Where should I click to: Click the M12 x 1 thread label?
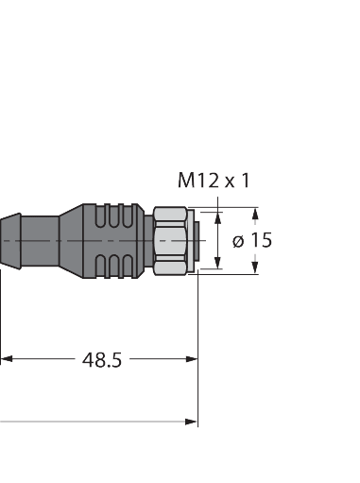click(214, 180)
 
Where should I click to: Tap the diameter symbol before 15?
click(237, 241)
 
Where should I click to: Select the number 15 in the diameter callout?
click(261, 241)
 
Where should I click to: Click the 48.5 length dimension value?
click(102, 360)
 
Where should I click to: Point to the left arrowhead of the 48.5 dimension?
click(6, 359)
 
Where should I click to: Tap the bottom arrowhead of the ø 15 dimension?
click(254, 269)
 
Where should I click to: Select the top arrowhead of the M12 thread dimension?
click(218, 218)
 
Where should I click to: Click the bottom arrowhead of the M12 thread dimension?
click(218, 264)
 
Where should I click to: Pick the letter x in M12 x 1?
click(229, 181)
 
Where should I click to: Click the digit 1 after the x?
click(246, 180)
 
